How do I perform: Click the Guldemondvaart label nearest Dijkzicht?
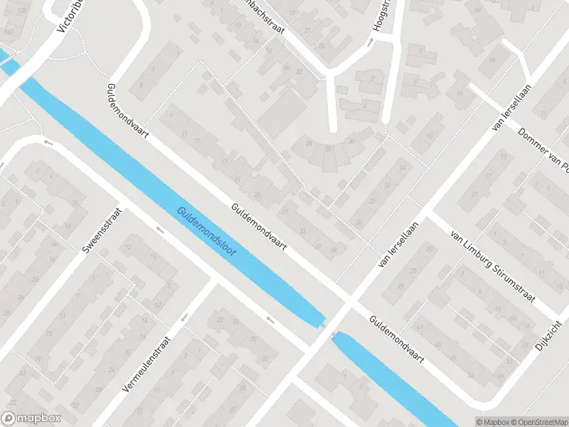pos(397,340)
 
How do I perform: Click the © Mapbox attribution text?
pos(496,421)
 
